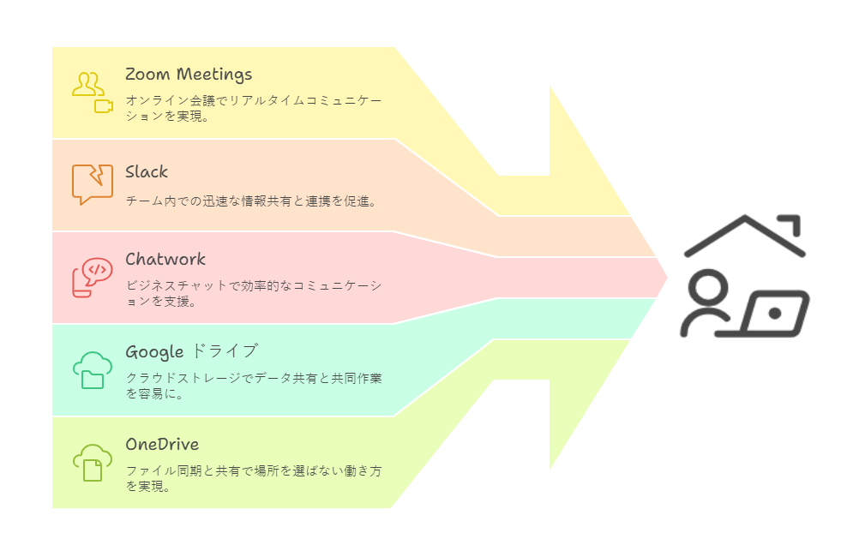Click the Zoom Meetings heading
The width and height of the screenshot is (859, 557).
(189, 75)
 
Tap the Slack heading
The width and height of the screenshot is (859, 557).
(147, 172)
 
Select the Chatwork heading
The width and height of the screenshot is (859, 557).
(165, 259)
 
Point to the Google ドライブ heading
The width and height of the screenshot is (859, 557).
(191, 351)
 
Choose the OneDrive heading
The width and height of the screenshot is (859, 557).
(162, 444)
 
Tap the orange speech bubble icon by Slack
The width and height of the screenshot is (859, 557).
(92, 183)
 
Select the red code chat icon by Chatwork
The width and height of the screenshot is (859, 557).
(92, 277)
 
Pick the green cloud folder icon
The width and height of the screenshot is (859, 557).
(92, 369)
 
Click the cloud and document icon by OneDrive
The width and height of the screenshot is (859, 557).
(92, 462)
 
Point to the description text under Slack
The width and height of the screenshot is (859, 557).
(251, 201)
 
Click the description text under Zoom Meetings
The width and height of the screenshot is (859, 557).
(253, 108)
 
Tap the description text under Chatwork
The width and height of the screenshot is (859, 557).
(253, 293)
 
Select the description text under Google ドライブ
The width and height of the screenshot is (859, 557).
(253, 386)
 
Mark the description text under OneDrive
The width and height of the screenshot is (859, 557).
(253, 478)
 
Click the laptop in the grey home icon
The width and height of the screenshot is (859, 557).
(774, 314)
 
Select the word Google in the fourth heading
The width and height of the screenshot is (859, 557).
(154, 352)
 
